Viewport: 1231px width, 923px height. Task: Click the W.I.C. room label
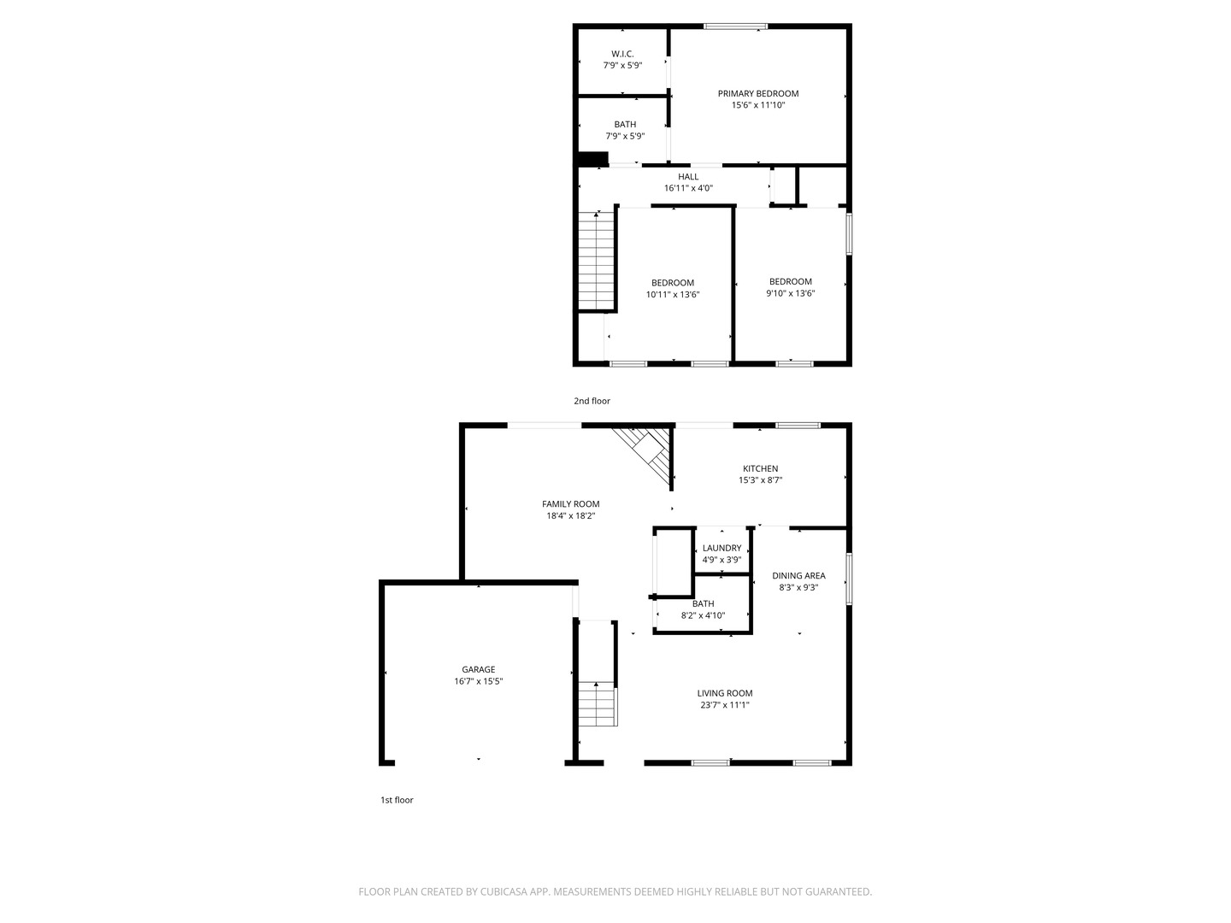pyautogui.click(x=622, y=54)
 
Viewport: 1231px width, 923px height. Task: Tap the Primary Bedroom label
pyautogui.click(x=757, y=94)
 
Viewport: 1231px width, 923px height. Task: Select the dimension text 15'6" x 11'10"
pyautogui.click(x=757, y=106)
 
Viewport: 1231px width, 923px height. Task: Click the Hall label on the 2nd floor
pyautogui.click(x=688, y=177)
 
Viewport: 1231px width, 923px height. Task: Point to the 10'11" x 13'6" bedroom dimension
pyautogui.click(x=673, y=295)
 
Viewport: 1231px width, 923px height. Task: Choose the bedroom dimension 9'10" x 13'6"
pyautogui.click(x=790, y=293)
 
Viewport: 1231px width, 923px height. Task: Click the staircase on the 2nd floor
pyautogui.click(x=597, y=261)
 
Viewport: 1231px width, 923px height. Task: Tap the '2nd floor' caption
pyautogui.click(x=592, y=401)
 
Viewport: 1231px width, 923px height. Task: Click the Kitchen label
pyautogui.click(x=760, y=468)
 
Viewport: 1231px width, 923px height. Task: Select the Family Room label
pyautogui.click(x=570, y=504)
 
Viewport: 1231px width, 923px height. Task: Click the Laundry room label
pyautogui.click(x=722, y=549)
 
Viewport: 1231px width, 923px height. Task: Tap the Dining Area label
pyautogui.click(x=798, y=576)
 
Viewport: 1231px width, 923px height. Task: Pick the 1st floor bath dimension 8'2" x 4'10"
pyautogui.click(x=703, y=615)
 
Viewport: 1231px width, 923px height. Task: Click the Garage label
pyautogui.click(x=478, y=670)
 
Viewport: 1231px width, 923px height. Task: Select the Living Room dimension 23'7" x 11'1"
pyautogui.click(x=724, y=706)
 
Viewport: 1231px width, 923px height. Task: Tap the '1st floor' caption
pyautogui.click(x=397, y=801)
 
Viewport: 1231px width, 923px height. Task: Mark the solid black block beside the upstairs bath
pyautogui.click(x=592, y=159)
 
